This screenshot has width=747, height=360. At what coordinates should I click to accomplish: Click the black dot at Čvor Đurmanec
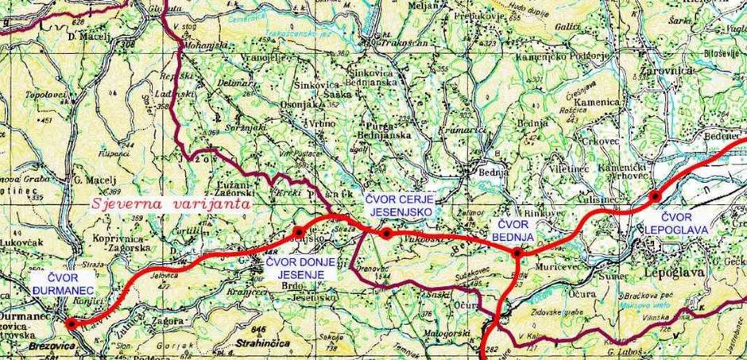click(x=70, y=323)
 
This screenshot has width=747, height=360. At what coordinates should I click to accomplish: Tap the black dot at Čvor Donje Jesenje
click(x=298, y=231)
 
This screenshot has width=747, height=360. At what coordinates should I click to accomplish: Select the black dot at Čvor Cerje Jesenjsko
click(x=385, y=233)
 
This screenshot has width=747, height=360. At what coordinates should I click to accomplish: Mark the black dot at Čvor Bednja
click(x=517, y=254)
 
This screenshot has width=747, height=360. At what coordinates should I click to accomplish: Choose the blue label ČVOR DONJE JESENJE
click(x=296, y=267)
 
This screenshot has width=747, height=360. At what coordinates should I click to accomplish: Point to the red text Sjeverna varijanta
click(x=169, y=203)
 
